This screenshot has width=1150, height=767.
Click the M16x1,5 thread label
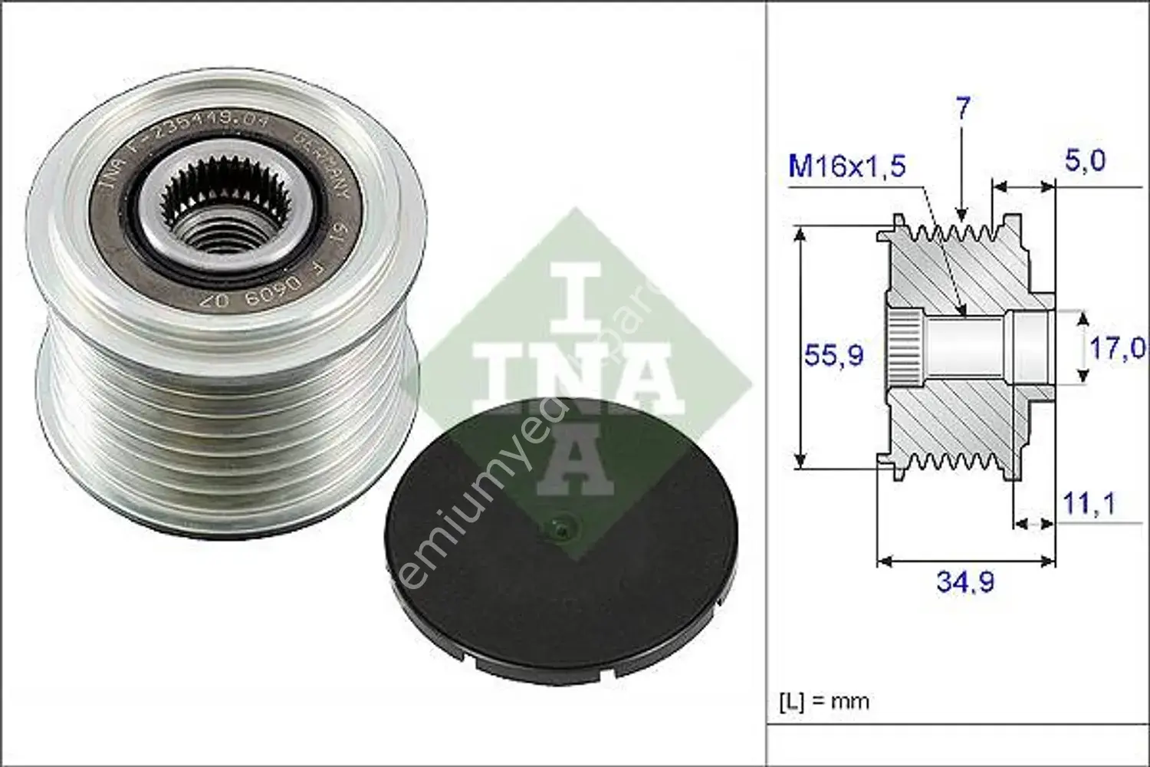[x=846, y=165]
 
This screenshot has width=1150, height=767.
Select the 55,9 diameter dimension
[x=833, y=354]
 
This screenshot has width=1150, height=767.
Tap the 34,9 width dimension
[x=964, y=581]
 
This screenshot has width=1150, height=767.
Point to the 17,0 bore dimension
[x=1116, y=348]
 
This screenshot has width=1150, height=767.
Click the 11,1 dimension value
[x=1088, y=503]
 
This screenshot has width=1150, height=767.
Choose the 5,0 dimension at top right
[x=1085, y=160]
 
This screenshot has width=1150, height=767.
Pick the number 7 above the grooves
[x=963, y=109]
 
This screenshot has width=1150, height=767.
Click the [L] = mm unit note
[x=824, y=701]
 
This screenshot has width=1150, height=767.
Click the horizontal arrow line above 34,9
[x=966, y=561]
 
